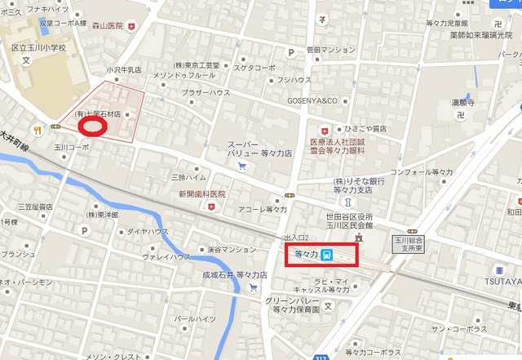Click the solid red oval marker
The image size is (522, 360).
pos(93,127)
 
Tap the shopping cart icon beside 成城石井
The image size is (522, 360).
pos(253,287)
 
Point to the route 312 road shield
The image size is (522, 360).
pos(321,356)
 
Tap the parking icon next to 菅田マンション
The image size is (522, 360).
pos(290,52)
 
